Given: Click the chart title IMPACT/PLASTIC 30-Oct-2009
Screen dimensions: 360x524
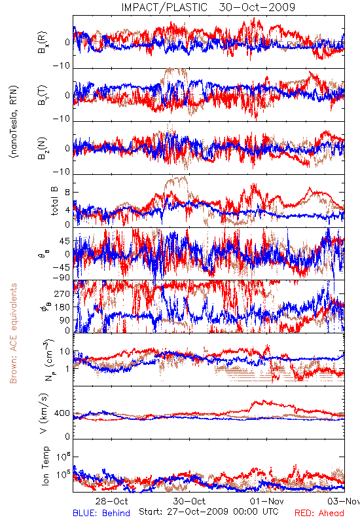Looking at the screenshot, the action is pos(208,7).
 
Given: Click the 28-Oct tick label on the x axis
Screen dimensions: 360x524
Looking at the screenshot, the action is pos(111,501).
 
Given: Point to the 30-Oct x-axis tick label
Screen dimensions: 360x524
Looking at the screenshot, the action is pos(189,501).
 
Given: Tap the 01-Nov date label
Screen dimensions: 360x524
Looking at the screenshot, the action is pos(267,501).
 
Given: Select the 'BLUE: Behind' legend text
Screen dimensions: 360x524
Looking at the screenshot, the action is pos(101,513).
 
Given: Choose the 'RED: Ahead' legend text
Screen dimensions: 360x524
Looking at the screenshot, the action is pos(319,513).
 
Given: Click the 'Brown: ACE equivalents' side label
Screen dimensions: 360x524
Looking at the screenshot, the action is pos(13,333).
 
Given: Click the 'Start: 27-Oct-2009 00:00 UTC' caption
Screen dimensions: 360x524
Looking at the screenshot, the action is pos(209,512).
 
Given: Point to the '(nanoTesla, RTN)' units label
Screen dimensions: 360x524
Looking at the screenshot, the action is pos(14,122).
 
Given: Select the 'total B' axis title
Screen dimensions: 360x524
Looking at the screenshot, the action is pos(54,201).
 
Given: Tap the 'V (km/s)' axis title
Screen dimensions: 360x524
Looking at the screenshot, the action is pos(44,414).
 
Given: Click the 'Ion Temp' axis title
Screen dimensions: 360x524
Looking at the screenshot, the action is pos(45,466).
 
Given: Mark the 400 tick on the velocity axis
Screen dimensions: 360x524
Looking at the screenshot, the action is pos(62,413).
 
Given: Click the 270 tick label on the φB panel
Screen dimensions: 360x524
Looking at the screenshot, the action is pos(62,293).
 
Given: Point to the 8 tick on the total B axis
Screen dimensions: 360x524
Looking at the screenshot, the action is pos(67,193).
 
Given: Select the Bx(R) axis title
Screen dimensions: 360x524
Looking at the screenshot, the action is pos(43,43).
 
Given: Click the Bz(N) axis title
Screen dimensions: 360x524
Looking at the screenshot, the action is pos(43,148).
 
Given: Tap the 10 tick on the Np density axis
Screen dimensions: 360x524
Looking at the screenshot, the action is pos(65,352).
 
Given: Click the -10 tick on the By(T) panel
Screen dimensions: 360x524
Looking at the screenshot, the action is pos(62,119).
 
